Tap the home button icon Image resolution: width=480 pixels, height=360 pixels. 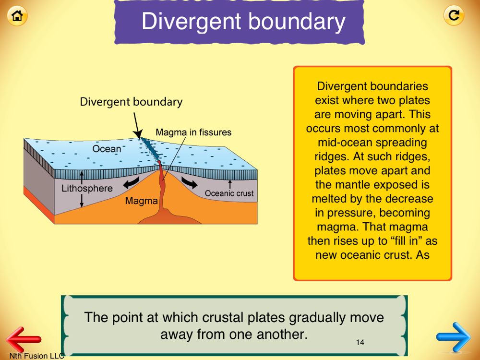click(17, 15)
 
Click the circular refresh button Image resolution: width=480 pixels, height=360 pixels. click(454, 15)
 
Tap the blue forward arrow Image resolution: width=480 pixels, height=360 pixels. click(454, 337)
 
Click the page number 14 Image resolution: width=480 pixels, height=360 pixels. click(360, 342)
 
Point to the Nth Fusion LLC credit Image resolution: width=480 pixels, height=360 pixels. click(37, 356)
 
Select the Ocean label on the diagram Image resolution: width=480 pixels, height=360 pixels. click(107, 149)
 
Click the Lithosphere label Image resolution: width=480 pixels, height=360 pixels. click(87, 188)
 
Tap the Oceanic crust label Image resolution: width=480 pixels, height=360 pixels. click(229, 193)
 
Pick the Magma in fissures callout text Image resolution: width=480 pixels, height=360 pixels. click(193, 132)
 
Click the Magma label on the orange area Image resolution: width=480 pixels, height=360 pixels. click(142, 201)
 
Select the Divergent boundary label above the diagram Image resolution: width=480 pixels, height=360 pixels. click(131, 102)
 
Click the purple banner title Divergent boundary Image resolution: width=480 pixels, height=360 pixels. click(243, 22)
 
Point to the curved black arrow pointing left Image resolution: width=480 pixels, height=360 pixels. click(131, 182)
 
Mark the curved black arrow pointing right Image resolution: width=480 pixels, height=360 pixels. click(190, 182)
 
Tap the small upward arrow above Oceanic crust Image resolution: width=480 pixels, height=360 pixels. click(230, 184)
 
